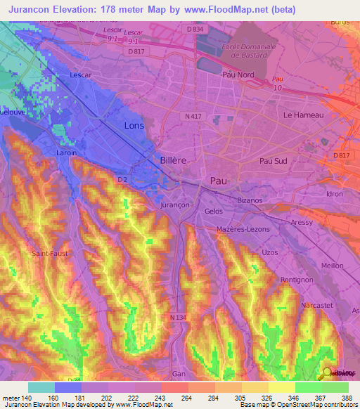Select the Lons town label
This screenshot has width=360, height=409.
134,125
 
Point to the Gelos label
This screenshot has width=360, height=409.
213,211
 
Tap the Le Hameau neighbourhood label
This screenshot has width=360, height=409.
303,115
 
